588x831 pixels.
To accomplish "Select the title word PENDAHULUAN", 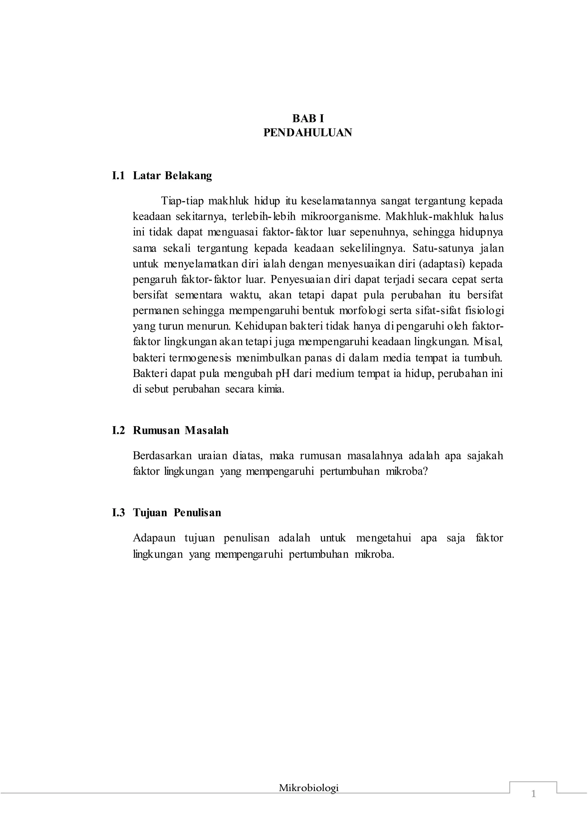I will pos(308,133).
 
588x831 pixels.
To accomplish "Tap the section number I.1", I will pos(118,176).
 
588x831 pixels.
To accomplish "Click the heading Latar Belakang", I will pos(172,176).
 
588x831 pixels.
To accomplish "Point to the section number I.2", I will pos(118,430).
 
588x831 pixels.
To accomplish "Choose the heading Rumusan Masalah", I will pos(181,430).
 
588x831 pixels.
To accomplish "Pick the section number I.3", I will pos(118,513).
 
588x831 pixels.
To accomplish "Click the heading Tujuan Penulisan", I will pos(177,513).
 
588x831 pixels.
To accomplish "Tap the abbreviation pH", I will pos(283,374).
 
